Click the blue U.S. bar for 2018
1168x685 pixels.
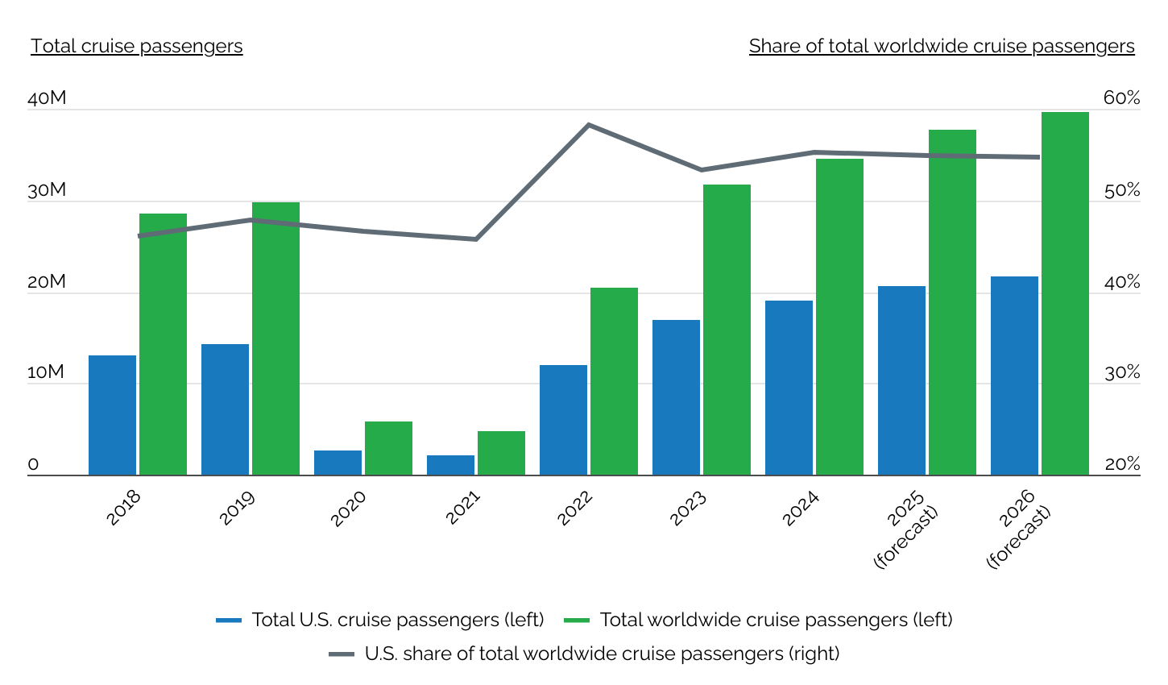(112, 415)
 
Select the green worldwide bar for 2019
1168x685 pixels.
(275, 338)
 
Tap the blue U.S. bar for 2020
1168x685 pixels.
(338, 463)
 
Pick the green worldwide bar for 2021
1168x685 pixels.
(501, 453)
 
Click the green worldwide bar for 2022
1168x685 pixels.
(614, 381)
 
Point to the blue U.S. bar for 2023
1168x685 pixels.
(676, 397)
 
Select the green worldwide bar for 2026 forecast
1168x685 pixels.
(1065, 293)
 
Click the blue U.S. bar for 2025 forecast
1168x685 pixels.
(901, 380)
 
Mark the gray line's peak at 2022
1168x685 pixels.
(589, 125)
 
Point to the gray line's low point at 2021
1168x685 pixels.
(476, 239)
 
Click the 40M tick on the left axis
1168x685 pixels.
(47, 99)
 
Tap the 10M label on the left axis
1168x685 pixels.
(47, 372)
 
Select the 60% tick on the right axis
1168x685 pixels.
(1121, 98)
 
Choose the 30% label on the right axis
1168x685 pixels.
(1121, 373)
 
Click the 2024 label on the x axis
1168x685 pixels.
(800, 509)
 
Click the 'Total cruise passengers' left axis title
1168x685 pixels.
(137, 46)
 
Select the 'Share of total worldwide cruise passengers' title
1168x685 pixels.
(942, 46)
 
